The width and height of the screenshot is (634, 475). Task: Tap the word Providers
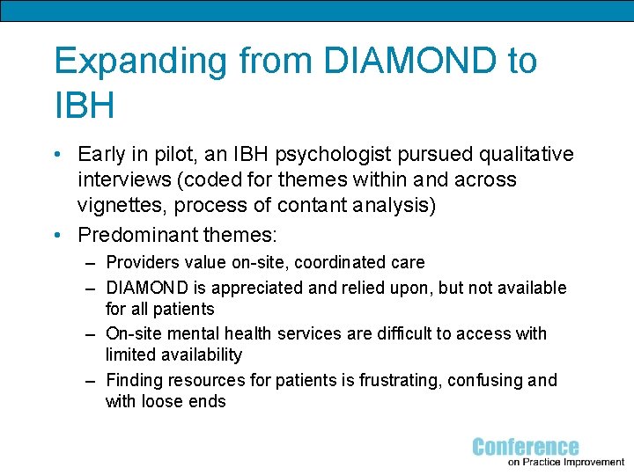141,262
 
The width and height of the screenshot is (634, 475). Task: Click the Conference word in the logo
526,447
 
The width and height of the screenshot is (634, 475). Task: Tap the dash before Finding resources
91,380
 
